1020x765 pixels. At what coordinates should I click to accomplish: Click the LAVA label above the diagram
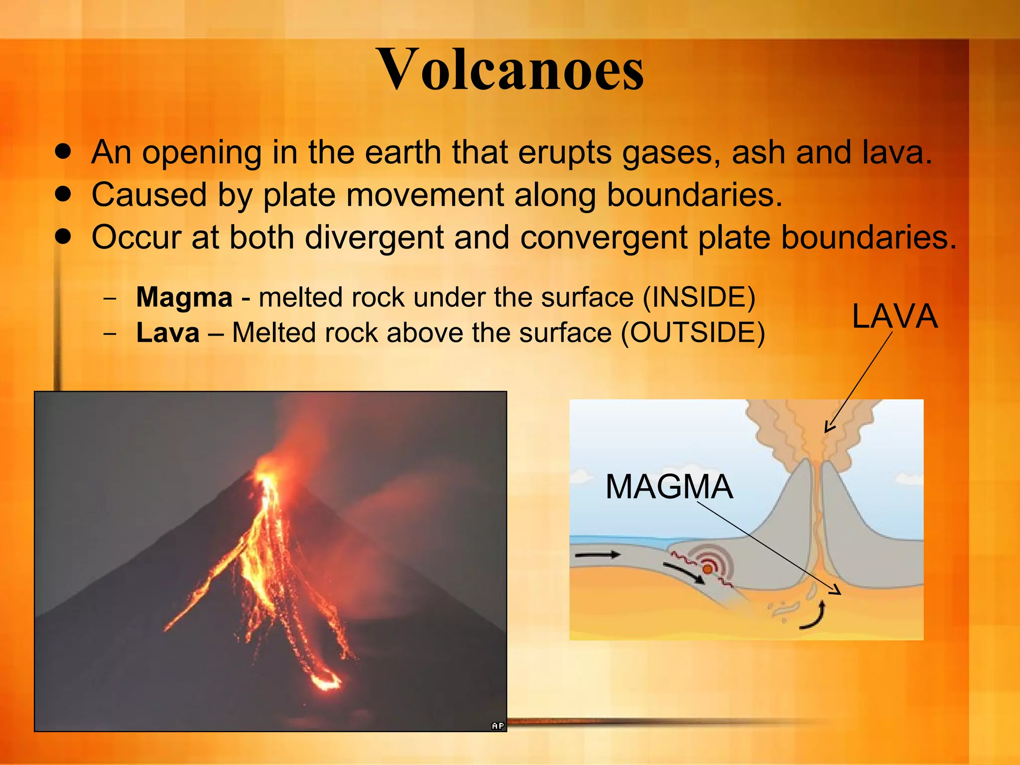[894, 317]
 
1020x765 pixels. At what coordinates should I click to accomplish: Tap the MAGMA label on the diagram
[669, 487]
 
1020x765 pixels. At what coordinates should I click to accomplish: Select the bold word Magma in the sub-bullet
[184, 297]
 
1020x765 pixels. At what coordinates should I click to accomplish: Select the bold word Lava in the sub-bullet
[168, 333]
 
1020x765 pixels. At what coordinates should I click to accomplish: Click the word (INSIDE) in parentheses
[699, 297]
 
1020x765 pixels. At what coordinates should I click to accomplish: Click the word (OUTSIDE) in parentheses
[692, 333]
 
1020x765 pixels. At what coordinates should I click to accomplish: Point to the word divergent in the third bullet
[374, 237]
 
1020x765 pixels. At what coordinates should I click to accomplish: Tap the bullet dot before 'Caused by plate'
[63, 194]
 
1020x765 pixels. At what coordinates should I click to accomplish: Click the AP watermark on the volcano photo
[498, 726]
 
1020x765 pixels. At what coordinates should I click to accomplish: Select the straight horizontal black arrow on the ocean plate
[598, 554]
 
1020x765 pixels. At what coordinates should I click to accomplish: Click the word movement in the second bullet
[425, 195]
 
